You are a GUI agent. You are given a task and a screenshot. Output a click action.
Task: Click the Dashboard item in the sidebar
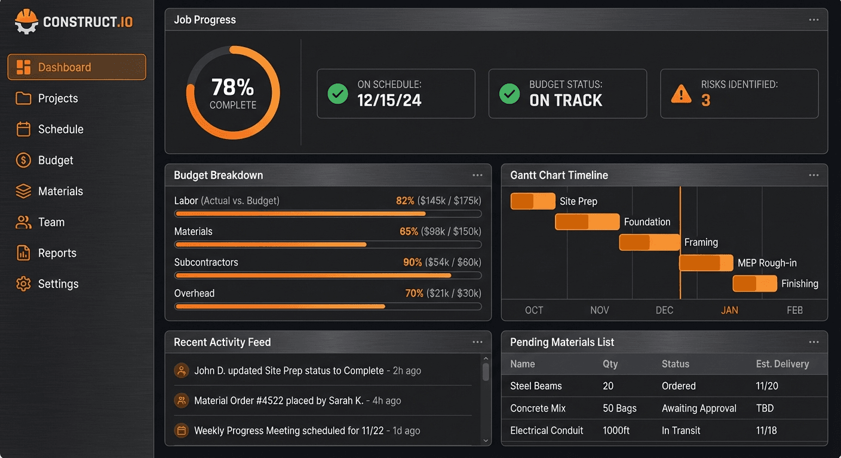[x=76, y=67]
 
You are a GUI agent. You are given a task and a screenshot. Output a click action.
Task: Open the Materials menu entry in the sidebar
[x=60, y=191]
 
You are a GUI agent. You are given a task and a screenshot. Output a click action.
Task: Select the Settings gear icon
[x=23, y=284]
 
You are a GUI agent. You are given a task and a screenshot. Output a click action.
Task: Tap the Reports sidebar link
[x=57, y=253]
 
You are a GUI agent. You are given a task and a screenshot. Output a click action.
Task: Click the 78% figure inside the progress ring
[x=232, y=88]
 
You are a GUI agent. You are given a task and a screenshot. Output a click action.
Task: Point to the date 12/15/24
[x=389, y=100]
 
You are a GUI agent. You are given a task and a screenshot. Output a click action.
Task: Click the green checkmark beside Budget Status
[x=509, y=94]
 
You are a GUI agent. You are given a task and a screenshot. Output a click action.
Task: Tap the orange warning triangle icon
[x=681, y=94]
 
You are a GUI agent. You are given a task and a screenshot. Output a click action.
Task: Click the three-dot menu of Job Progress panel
[x=814, y=20]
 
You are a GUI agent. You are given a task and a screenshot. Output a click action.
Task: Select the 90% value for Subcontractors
[x=412, y=262]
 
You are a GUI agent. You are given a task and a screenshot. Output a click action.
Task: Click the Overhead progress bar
[x=328, y=307]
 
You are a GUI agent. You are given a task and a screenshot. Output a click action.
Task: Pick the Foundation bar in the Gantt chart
[x=587, y=222]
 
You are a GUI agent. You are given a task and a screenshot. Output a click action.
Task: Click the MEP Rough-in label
[x=767, y=263]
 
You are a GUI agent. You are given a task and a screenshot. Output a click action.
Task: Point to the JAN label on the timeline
[x=729, y=310]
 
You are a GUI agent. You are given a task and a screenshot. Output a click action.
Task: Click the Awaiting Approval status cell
[x=699, y=409]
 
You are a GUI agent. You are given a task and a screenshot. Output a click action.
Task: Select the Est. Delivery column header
[x=782, y=364]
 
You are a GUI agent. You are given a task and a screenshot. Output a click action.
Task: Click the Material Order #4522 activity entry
[x=278, y=401]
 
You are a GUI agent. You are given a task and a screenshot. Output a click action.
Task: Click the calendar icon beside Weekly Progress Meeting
[x=181, y=431]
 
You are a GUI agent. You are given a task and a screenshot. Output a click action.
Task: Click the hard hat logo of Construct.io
[x=26, y=22]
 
